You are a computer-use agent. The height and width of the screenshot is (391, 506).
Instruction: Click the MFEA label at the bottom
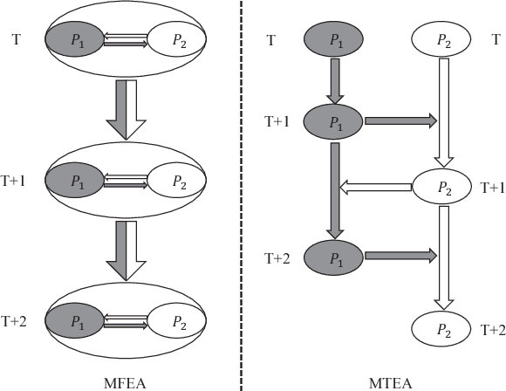pos(126,381)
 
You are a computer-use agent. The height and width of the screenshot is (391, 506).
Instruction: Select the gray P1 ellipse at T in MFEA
pos(73,39)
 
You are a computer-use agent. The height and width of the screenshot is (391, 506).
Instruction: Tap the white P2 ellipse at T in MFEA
pos(177,39)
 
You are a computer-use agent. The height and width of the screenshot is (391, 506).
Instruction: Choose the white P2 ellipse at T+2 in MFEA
pos(177,321)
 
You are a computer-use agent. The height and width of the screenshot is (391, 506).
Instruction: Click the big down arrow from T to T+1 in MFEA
pos(126,110)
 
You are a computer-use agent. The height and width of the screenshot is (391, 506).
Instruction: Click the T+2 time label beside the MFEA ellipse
pos(15,322)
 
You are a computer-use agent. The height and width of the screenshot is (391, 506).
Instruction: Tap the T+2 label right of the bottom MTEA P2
pos(492,329)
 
